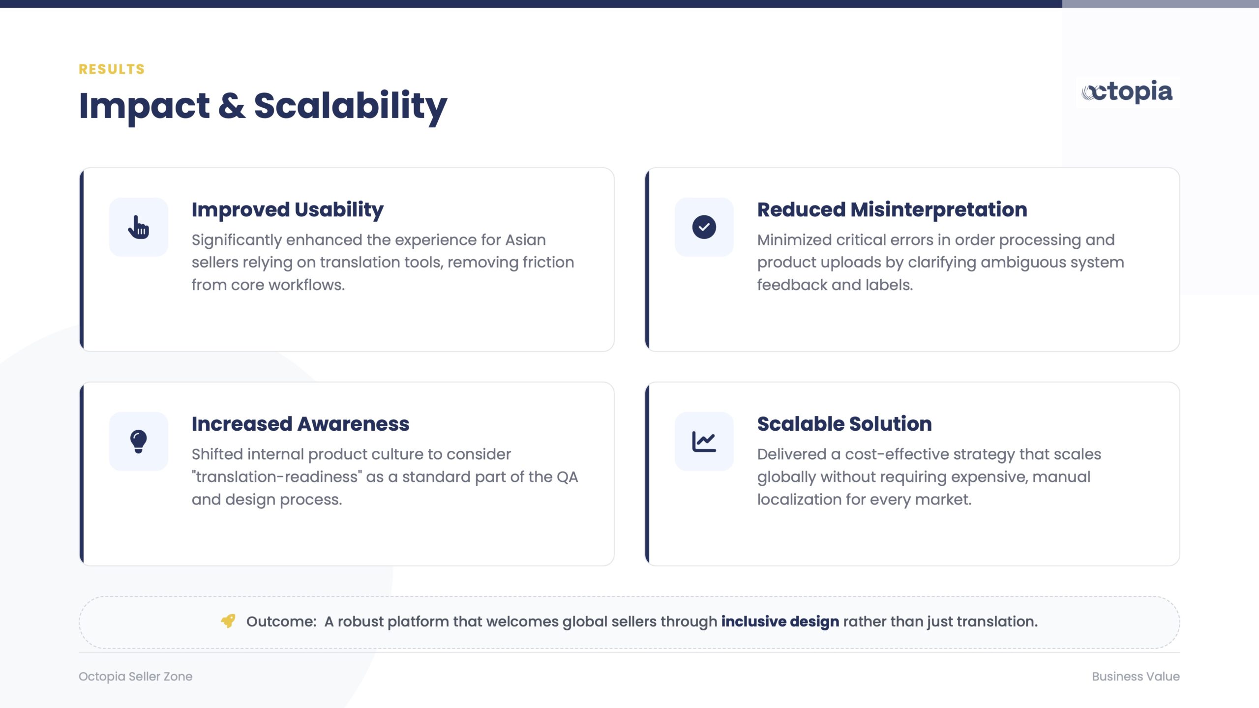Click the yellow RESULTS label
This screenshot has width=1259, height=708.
[112, 69]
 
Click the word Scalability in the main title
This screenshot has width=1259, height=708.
[351, 107]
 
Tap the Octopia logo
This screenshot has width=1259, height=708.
[1127, 92]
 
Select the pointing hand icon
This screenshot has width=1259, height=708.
[138, 227]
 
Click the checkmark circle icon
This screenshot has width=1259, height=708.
[704, 227]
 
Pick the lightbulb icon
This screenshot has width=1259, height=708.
[138, 442]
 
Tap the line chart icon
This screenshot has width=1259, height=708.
[704, 442]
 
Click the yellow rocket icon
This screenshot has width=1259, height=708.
[228, 621]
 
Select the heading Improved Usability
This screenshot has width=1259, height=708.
[287, 210]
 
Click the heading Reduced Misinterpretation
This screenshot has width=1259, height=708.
[892, 209]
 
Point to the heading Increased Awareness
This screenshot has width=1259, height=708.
[300, 424]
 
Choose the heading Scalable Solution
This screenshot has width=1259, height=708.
[844, 424]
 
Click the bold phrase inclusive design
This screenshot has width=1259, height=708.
[780, 621]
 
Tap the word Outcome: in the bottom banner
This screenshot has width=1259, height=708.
[281, 621]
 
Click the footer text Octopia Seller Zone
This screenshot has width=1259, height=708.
[135, 677]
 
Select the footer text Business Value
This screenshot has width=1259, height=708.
[1136, 677]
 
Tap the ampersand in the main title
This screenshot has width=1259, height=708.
[232, 106]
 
